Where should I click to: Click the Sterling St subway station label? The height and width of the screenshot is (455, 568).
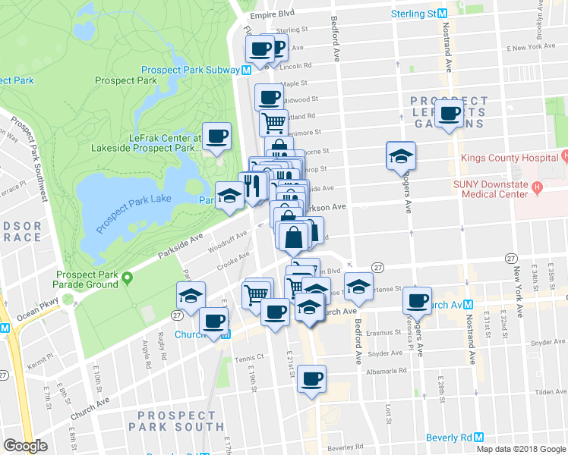[413, 14]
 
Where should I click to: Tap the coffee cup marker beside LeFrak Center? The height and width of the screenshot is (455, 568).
[217, 136]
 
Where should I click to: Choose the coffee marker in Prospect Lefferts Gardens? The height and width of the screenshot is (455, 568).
[450, 115]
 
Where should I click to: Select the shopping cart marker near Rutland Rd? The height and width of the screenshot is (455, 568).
[273, 121]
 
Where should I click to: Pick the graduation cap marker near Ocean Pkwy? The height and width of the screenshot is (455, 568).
[191, 296]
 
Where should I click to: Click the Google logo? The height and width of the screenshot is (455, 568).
[25, 446]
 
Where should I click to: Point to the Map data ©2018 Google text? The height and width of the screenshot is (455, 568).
[521, 449]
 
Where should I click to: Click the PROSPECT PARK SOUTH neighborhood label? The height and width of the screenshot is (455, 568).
[177, 421]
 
